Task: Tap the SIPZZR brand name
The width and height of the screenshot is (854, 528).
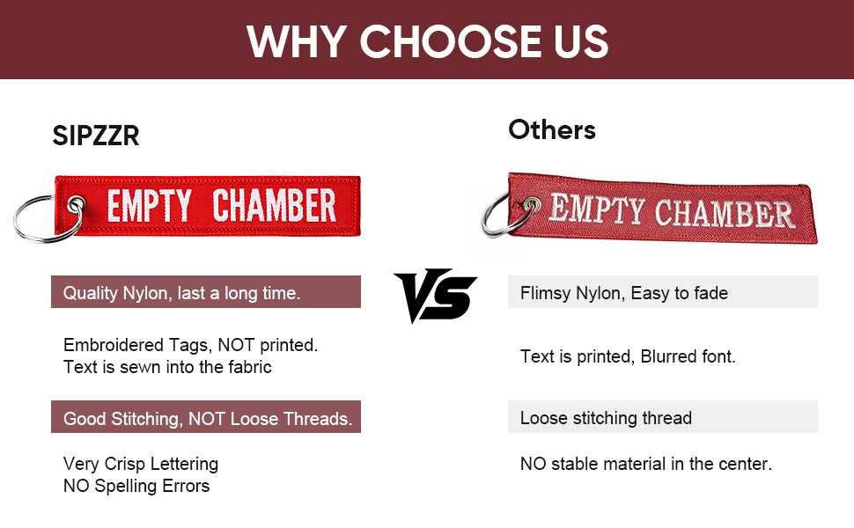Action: point(96,136)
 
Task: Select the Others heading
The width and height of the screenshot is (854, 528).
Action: point(552,130)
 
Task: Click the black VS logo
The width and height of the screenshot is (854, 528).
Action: point(435,295)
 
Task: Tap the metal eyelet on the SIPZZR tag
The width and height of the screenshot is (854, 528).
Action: point(77,205)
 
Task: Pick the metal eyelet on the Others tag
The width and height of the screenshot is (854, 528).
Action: point(532,205)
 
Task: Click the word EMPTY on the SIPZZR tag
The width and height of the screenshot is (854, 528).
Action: point(150,206)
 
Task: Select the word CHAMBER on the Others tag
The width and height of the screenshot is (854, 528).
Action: point(724,213)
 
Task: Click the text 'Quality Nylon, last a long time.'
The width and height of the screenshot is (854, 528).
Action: point(181,293)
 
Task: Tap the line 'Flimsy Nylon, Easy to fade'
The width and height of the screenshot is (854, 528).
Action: point(623,293)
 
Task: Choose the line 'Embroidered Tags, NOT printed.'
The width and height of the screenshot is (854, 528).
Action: point(191,345)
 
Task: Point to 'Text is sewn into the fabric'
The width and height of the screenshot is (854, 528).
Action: point(167,367)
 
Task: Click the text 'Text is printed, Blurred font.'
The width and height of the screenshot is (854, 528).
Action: point(628,356)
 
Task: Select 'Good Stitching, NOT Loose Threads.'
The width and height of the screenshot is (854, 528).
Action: point(208,419)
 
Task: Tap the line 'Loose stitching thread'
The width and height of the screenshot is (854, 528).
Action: point(606,418)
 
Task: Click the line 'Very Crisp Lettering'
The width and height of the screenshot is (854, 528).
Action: point(141,464)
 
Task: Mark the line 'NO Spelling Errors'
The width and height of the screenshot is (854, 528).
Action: point(136,486)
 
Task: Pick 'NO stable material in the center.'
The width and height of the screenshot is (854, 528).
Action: point(646,464)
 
